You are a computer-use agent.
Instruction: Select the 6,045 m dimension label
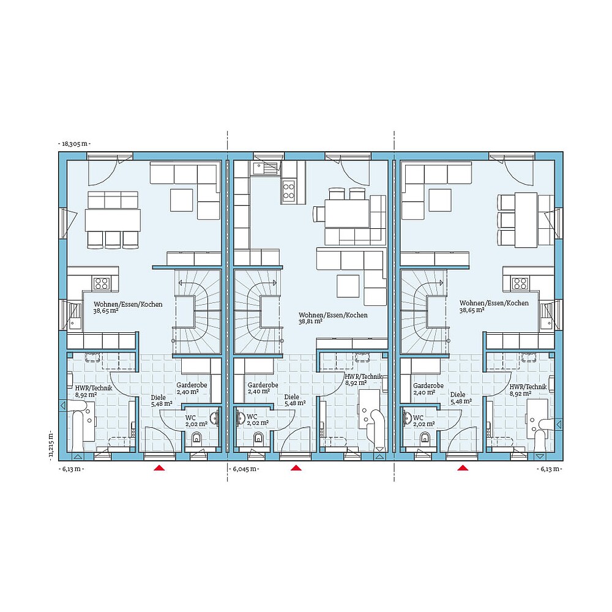[x=245, y=469]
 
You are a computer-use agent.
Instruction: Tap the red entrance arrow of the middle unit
[x=297, y=468]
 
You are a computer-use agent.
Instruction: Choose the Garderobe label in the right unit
[x=428, y=386]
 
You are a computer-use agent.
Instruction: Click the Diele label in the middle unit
[x=292, y=397]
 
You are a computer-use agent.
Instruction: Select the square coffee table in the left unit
[x=182, y=200]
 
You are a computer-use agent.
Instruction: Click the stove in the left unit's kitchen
[x=101, y=283]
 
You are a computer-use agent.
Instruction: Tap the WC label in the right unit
[x=419, y=417]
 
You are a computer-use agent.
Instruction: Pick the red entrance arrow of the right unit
[x=463, y=468]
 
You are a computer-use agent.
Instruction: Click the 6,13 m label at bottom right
[x=548, y=469]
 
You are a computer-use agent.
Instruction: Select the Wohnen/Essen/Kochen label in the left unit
[x=127, y=304]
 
